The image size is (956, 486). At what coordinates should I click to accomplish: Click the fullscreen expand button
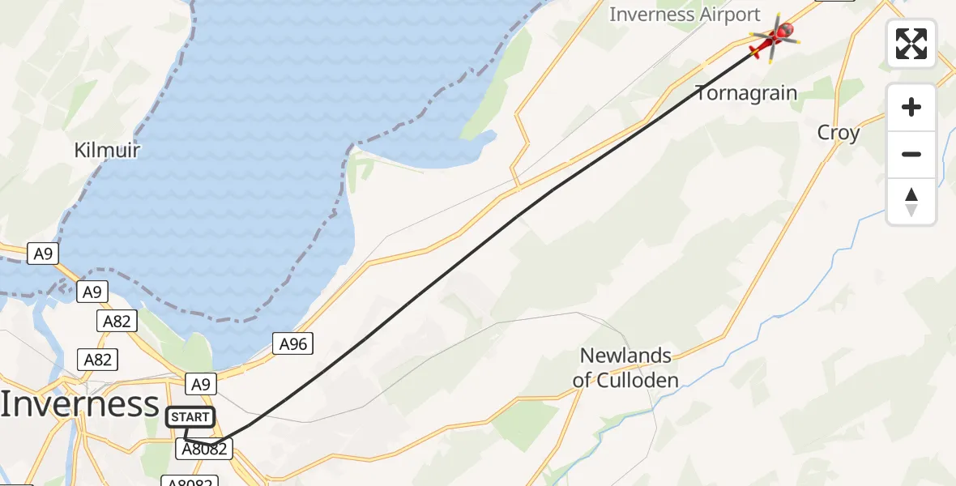point(911,44)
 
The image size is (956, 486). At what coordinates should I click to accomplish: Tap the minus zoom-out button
point(911,154)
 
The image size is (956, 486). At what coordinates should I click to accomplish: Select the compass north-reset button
point(911,202)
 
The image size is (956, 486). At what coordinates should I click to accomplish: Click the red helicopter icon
point(774,37)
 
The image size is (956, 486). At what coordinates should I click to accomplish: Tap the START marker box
point(190,418)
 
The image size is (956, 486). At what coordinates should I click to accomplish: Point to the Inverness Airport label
point(685,15)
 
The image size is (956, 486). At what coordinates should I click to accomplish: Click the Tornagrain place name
point(746,93)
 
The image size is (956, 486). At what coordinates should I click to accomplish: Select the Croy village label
point(839,133)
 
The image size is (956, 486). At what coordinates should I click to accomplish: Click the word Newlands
point(626,356)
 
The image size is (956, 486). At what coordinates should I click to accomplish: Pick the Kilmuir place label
point(107,151)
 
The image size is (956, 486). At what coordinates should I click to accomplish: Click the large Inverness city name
point(79,404)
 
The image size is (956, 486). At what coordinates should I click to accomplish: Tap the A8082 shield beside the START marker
point(204,449)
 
